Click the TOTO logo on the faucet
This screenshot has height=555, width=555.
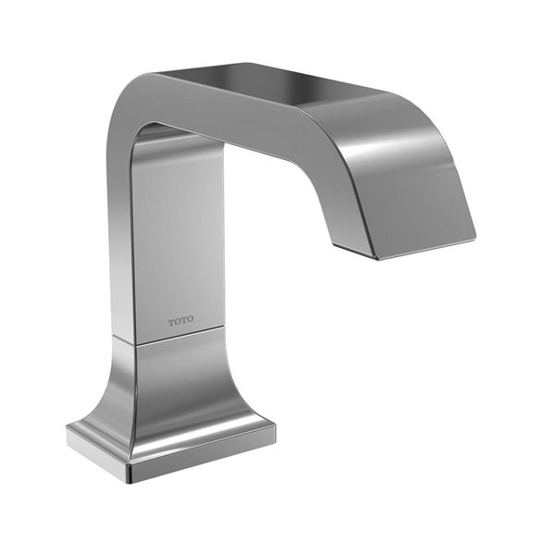[180, 320]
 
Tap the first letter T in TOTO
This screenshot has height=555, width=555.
[171, 322]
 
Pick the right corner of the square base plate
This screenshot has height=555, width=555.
[275, 428]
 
